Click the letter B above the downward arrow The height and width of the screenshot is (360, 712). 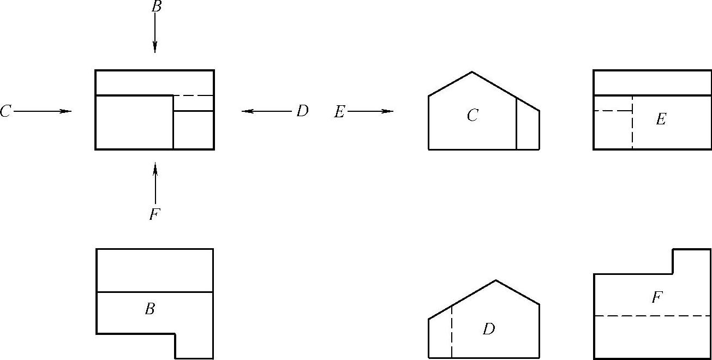[x=155, y=7]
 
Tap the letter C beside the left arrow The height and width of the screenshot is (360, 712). [x=5, y=112]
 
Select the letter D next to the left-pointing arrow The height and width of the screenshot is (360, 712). [x=302, y=111]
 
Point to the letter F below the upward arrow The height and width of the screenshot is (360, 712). [x=154, y=214]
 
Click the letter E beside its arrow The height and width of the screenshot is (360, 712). [x=339, y=112]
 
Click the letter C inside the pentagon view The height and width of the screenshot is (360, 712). [x=472, y=115]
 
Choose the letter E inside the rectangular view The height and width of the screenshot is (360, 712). [x=661, y=119]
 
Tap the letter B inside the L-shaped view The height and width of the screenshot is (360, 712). [x=149, y=309]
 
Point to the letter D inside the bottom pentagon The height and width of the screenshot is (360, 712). [x=488, y=329]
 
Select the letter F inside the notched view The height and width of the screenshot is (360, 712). [x=657, y=297]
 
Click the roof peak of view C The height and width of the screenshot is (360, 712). [x=472, y=72]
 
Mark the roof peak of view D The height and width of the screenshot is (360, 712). [x=496, y=280]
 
